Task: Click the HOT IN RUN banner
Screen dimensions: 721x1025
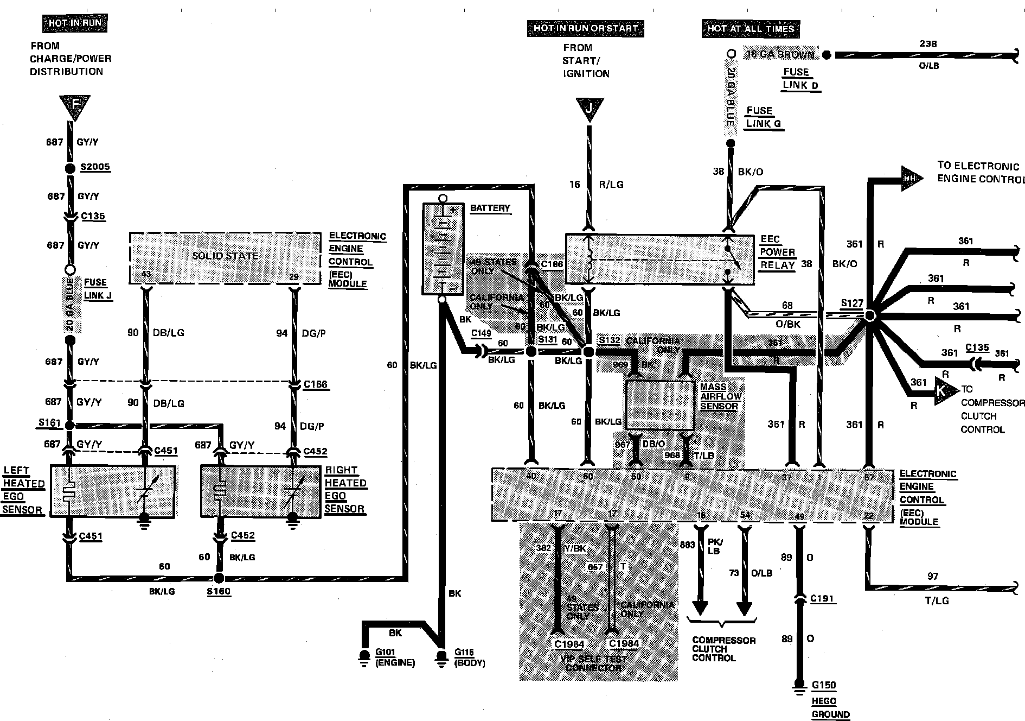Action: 75,23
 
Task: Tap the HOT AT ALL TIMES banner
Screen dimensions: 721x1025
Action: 750,29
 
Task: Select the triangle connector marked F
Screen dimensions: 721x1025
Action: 75,106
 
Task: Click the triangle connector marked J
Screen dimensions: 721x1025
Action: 589,108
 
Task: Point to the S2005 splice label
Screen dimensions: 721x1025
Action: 95,167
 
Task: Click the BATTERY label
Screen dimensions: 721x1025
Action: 490,208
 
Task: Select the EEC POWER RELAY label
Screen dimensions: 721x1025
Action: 777,252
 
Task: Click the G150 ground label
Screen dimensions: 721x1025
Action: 824,685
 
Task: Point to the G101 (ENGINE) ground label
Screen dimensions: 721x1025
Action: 395,657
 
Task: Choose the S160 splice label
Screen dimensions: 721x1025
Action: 219,591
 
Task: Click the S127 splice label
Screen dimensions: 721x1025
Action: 851,303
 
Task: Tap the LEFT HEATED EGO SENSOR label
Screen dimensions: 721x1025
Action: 23,490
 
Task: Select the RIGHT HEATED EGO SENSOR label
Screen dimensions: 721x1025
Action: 345,489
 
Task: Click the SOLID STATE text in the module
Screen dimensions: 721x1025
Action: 225,256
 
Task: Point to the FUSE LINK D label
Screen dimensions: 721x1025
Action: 800,79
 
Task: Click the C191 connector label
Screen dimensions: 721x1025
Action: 822,598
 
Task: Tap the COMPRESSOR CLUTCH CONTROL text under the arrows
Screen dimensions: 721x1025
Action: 723,649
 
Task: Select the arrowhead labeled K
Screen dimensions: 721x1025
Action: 940,390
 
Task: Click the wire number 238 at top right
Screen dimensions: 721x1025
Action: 928,44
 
